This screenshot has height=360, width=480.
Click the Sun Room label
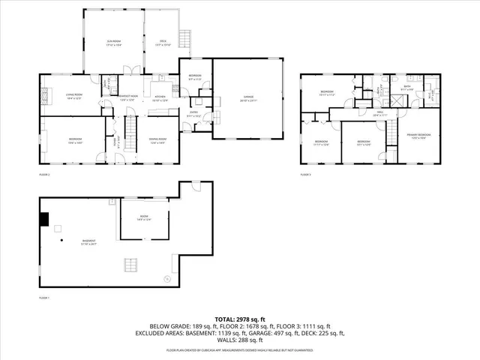point(112,43)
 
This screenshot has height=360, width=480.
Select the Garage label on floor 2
point(248,96)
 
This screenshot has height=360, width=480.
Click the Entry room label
point(193,115)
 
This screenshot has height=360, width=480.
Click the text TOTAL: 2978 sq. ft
point(239,319)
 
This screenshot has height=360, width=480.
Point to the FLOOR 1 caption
point(43,298)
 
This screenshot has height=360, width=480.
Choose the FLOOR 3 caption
point(305,174)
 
